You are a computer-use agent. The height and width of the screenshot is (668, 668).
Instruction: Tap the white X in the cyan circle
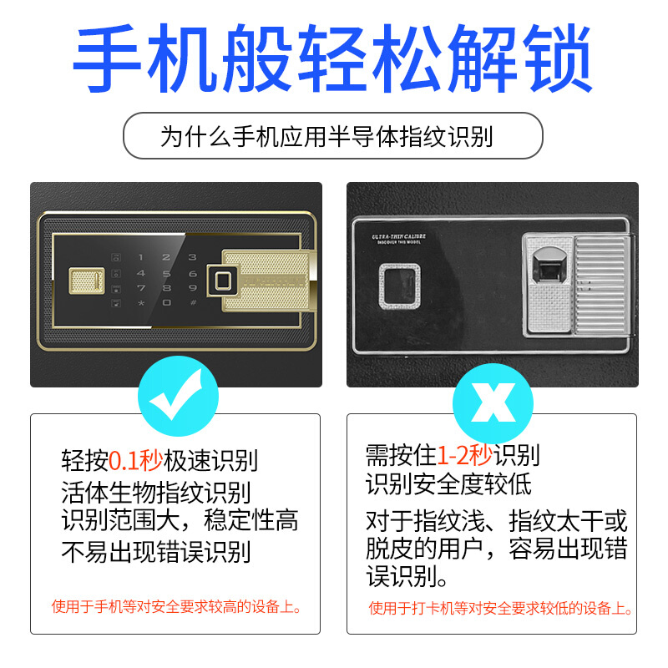point(493,402)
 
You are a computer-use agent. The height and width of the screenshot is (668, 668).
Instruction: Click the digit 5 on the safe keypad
point(166,273)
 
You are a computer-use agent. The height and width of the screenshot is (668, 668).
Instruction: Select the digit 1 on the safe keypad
point(140,257)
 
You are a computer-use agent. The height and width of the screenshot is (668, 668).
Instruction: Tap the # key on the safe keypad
point(193,302)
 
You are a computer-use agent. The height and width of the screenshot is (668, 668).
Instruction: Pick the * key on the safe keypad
point(141,303)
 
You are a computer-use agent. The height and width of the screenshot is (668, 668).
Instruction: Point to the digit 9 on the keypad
point(193,288)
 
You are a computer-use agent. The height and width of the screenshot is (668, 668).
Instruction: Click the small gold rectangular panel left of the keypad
point(87,281)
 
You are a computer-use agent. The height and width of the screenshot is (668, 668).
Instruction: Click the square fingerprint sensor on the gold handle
point(222,281)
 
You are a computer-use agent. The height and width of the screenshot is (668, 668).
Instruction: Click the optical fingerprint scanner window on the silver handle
point(549,266)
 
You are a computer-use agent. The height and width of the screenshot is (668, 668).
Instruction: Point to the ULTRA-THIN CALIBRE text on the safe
point(399,236)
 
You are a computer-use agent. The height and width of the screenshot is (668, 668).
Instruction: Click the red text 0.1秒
point(136,460)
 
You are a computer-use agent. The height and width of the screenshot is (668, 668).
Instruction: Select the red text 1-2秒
point(465,454)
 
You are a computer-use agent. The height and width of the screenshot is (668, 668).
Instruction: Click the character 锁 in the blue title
point(558,58)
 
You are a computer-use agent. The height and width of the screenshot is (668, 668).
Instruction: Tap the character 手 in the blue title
point(107,58)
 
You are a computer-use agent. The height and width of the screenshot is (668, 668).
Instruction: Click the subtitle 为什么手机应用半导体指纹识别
point(326,136)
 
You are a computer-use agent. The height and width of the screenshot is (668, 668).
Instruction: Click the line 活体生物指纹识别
point(156,493)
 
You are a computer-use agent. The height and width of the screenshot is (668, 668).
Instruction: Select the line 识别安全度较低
point(448,483)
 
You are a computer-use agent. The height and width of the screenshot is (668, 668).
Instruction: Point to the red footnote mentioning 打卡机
point(500,608)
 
